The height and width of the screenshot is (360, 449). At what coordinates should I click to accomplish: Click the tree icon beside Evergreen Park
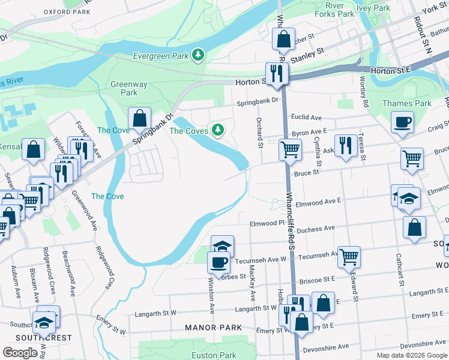click(x=198, y=56)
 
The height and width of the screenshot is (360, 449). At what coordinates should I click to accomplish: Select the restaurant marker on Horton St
click(x=276, y=73)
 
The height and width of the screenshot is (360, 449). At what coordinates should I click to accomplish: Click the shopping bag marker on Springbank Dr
click(x=139, y=118)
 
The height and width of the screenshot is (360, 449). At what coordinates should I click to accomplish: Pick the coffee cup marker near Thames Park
click(x=402, y=122)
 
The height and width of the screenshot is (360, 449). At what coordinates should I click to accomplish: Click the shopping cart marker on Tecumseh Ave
click(x=349, y=257)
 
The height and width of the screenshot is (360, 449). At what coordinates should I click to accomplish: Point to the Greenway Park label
click(x=124, y=88)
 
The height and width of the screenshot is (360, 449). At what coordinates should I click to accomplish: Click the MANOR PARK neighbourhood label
click(x=214, y=328)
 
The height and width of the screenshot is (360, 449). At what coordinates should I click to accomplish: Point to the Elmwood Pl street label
click(x=267, y=224)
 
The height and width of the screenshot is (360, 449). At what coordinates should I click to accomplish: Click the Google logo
click(x=20, y=353)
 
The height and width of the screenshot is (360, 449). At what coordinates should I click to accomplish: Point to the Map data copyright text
click(x=411, y=355)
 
